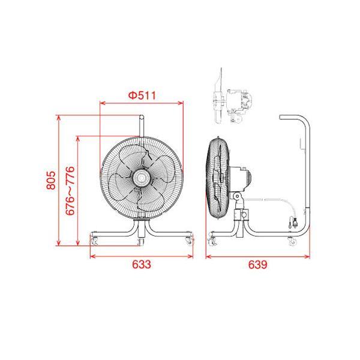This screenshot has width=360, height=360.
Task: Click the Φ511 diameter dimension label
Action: coord(142,95)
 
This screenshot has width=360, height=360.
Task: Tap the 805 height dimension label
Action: coord(51,180)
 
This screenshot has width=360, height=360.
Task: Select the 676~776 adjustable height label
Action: coord(70,191)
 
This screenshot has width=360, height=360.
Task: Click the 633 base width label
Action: coord(142,265)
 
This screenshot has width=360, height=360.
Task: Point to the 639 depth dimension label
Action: coord(258,265)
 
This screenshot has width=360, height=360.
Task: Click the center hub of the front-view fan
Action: coord(142,178)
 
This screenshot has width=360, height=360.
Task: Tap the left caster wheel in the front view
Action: coord(94,241)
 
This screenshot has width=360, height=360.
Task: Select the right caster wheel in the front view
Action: coord(189,241)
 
